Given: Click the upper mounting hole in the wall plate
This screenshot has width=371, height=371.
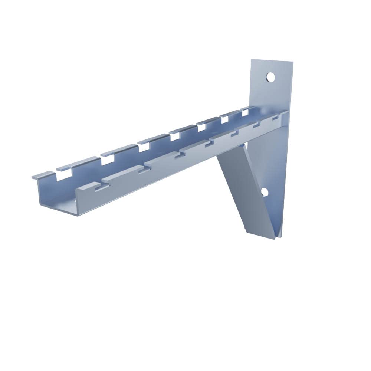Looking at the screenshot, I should pyautogui.click(x=270, y=77).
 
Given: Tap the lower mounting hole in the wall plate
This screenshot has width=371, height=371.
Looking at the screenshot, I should pyautogui.click(x=264, y=192).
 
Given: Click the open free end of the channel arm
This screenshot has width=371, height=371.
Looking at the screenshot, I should pyautogui.click(x=56, y=197).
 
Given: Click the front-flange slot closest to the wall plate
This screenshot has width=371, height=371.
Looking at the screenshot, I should pyautogui.click(x=275, y=118).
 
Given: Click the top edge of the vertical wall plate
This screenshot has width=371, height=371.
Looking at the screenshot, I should pyautogui.click(x=272, y=61).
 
